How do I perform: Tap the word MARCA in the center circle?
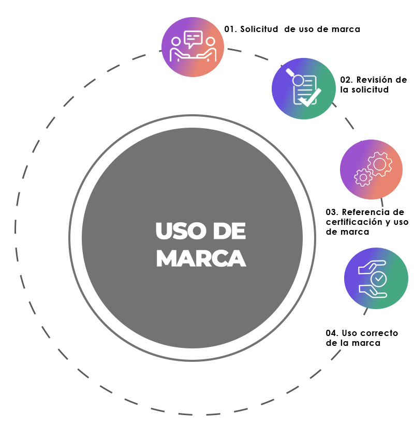(201, 258)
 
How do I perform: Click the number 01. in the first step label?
(230, 29)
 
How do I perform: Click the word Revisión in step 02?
(381, 80)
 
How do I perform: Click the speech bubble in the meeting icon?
(193, 39)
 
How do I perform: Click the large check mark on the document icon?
(310, 98)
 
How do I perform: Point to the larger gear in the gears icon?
(379, 164)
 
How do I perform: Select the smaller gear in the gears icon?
(363, 177)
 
